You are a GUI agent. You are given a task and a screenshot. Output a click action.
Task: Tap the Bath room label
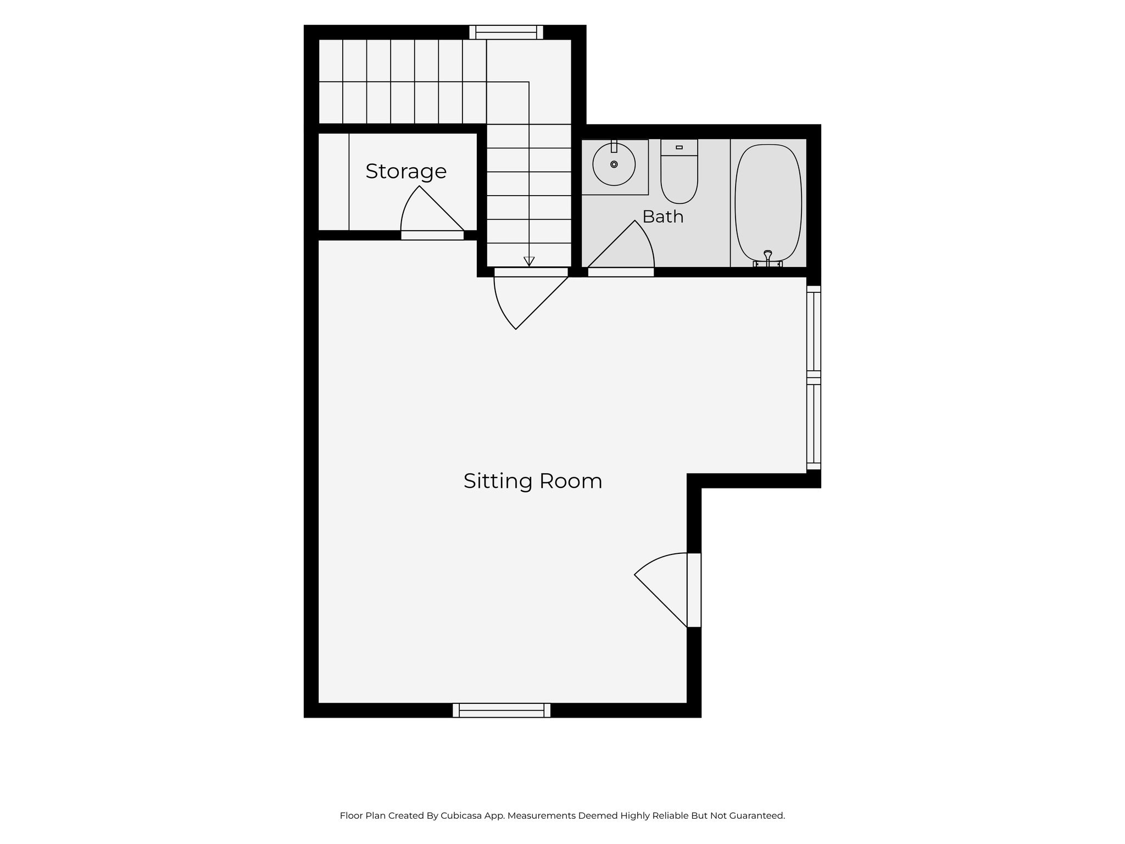point(663,216)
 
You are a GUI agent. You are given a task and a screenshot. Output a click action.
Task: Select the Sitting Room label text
point(533,481)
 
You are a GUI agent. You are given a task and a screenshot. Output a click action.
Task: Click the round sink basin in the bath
point(614,164)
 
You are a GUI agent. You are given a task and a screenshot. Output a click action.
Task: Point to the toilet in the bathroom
point(679,171)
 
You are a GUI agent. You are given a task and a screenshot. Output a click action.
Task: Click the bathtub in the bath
point(768,203)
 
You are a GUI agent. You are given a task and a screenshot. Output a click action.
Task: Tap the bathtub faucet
point(768,259)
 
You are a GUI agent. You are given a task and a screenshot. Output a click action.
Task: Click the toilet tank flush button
point(679,147)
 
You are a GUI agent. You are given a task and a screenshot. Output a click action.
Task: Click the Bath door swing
point(621,245)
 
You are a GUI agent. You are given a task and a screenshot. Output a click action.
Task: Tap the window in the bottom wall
point(502,710)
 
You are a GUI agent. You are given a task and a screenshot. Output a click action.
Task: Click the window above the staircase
point(506,32)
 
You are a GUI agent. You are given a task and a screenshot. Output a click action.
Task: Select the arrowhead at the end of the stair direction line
point(529,262)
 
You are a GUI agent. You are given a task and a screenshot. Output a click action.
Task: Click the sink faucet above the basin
point(614,146)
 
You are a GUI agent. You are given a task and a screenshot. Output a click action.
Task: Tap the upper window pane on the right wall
point(814,331)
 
